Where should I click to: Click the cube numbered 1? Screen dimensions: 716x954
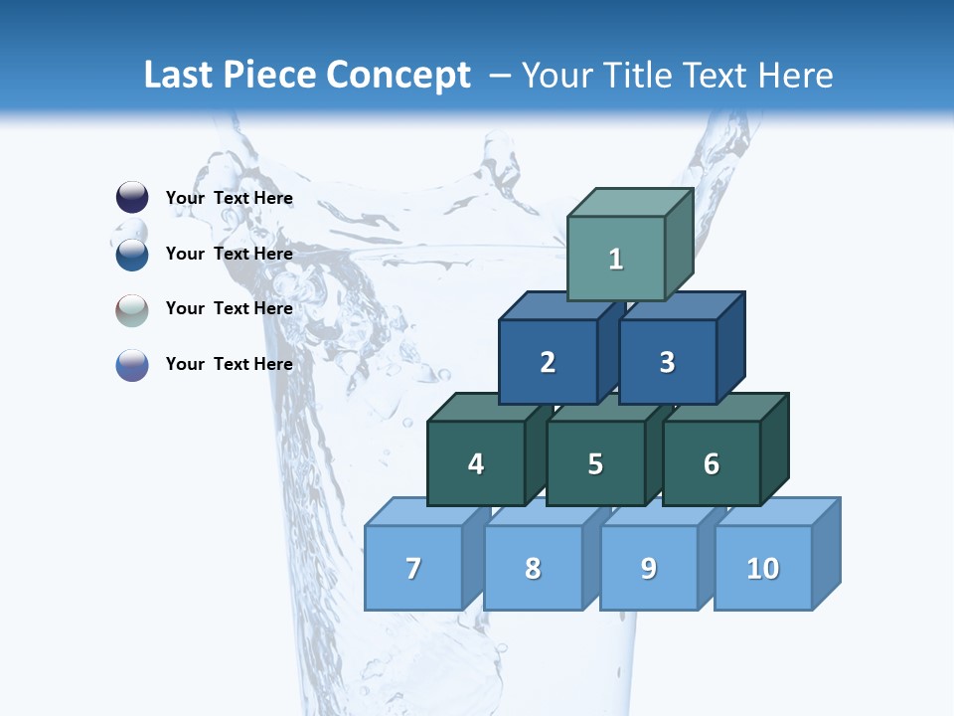615,259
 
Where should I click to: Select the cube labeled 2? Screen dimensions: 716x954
548,362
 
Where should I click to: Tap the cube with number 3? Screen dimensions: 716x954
667,362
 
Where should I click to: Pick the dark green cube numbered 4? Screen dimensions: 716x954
476,463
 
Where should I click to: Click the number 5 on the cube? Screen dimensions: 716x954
595,464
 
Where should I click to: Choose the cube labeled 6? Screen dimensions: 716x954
712,463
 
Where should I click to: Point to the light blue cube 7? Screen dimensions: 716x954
413,568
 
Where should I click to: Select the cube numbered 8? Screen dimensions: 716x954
533,568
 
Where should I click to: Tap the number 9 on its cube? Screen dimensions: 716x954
649,568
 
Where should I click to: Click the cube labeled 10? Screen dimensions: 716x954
763,568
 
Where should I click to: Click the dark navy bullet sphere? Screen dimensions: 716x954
132,198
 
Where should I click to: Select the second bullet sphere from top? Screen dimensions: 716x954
132,255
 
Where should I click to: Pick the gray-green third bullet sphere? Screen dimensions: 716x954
132,309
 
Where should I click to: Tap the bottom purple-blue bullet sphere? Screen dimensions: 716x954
132,365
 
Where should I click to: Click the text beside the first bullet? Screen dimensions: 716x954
229,198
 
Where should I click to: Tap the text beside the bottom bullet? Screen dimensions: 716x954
229,364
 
